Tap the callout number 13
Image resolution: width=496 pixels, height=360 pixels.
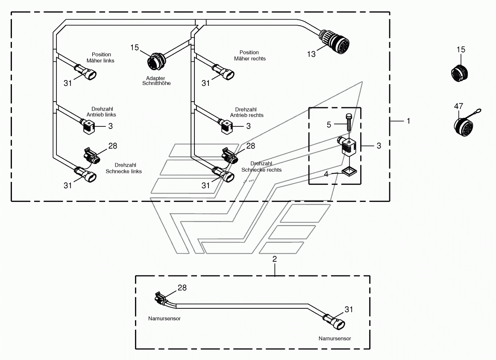point(311,54)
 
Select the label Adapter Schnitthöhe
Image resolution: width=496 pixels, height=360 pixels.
point(156,81)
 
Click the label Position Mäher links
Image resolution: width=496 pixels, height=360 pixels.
point(100,58)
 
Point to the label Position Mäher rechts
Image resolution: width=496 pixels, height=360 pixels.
point(249,56)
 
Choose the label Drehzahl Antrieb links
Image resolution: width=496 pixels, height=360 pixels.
point(101,112)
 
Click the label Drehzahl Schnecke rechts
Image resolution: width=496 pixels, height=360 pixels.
point(261,167)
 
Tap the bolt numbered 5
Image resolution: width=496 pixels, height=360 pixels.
point(349,123)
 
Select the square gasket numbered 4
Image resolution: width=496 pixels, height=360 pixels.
point(349,171)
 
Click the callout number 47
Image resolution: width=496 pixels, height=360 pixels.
point(458,106)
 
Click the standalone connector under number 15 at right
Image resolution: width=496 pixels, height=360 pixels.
point(459,73)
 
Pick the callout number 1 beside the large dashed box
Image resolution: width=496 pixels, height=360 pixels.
point(408,121)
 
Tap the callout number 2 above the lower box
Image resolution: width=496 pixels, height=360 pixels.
point(275,259)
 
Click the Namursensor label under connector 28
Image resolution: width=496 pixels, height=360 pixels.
point(164,319)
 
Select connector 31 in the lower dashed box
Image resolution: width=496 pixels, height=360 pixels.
point(334,321)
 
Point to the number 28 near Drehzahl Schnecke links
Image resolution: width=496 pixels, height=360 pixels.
point(113,146)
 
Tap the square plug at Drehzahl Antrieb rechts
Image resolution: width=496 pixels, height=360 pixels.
point(226,127)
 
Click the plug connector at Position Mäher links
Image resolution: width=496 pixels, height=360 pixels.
point(85,72)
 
